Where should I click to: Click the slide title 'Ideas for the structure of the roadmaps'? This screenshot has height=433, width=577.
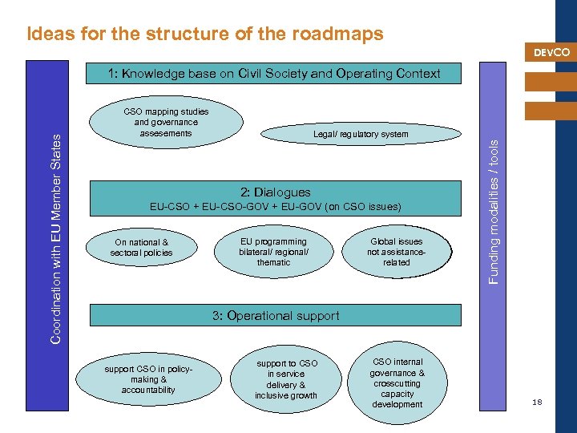coord(204,34)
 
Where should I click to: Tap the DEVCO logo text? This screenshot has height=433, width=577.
coord(551,53)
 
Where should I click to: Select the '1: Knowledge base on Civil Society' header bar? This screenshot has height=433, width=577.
coord(275,73)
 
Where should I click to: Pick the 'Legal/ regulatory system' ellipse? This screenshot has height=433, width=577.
coord(361,134)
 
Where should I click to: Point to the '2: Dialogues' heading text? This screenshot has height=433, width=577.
coord(276,192)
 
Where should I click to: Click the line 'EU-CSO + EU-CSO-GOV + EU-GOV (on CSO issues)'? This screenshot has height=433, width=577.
coord(276,207)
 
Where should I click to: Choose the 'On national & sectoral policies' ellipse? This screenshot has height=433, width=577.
coord(141,247)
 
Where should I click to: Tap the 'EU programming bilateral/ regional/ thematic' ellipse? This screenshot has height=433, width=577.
coord(273,252)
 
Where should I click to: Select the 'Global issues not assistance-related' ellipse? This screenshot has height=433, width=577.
coord(396,252)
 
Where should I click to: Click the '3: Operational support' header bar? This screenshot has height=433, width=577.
coord(275,315)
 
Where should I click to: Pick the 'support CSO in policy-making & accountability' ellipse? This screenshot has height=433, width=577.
coord(148,379)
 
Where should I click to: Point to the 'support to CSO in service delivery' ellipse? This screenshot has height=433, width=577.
coord(286,379)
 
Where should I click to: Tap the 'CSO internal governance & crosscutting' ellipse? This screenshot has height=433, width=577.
coord(397,383)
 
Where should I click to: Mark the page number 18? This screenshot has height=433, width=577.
coord(537,402)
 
